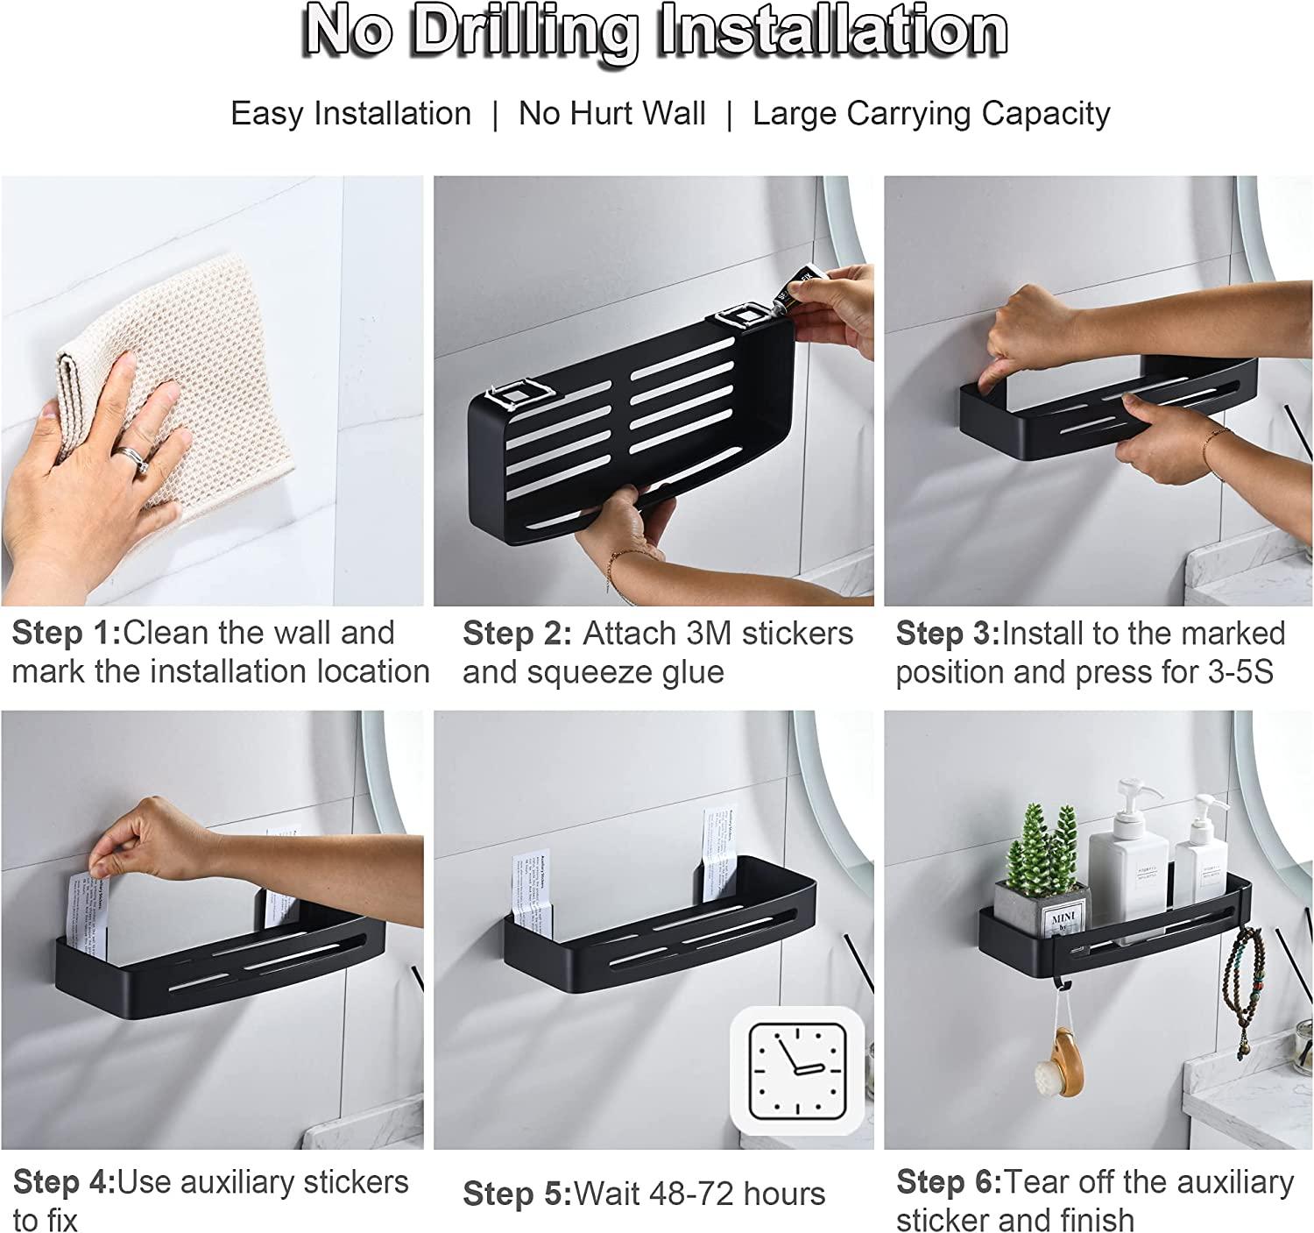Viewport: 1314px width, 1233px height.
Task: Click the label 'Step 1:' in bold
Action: (67, 633)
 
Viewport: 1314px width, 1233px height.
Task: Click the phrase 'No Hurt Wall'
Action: (611, 114)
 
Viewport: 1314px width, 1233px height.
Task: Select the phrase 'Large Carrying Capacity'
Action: (931, 114)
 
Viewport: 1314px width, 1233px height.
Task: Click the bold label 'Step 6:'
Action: (948, 1182)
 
